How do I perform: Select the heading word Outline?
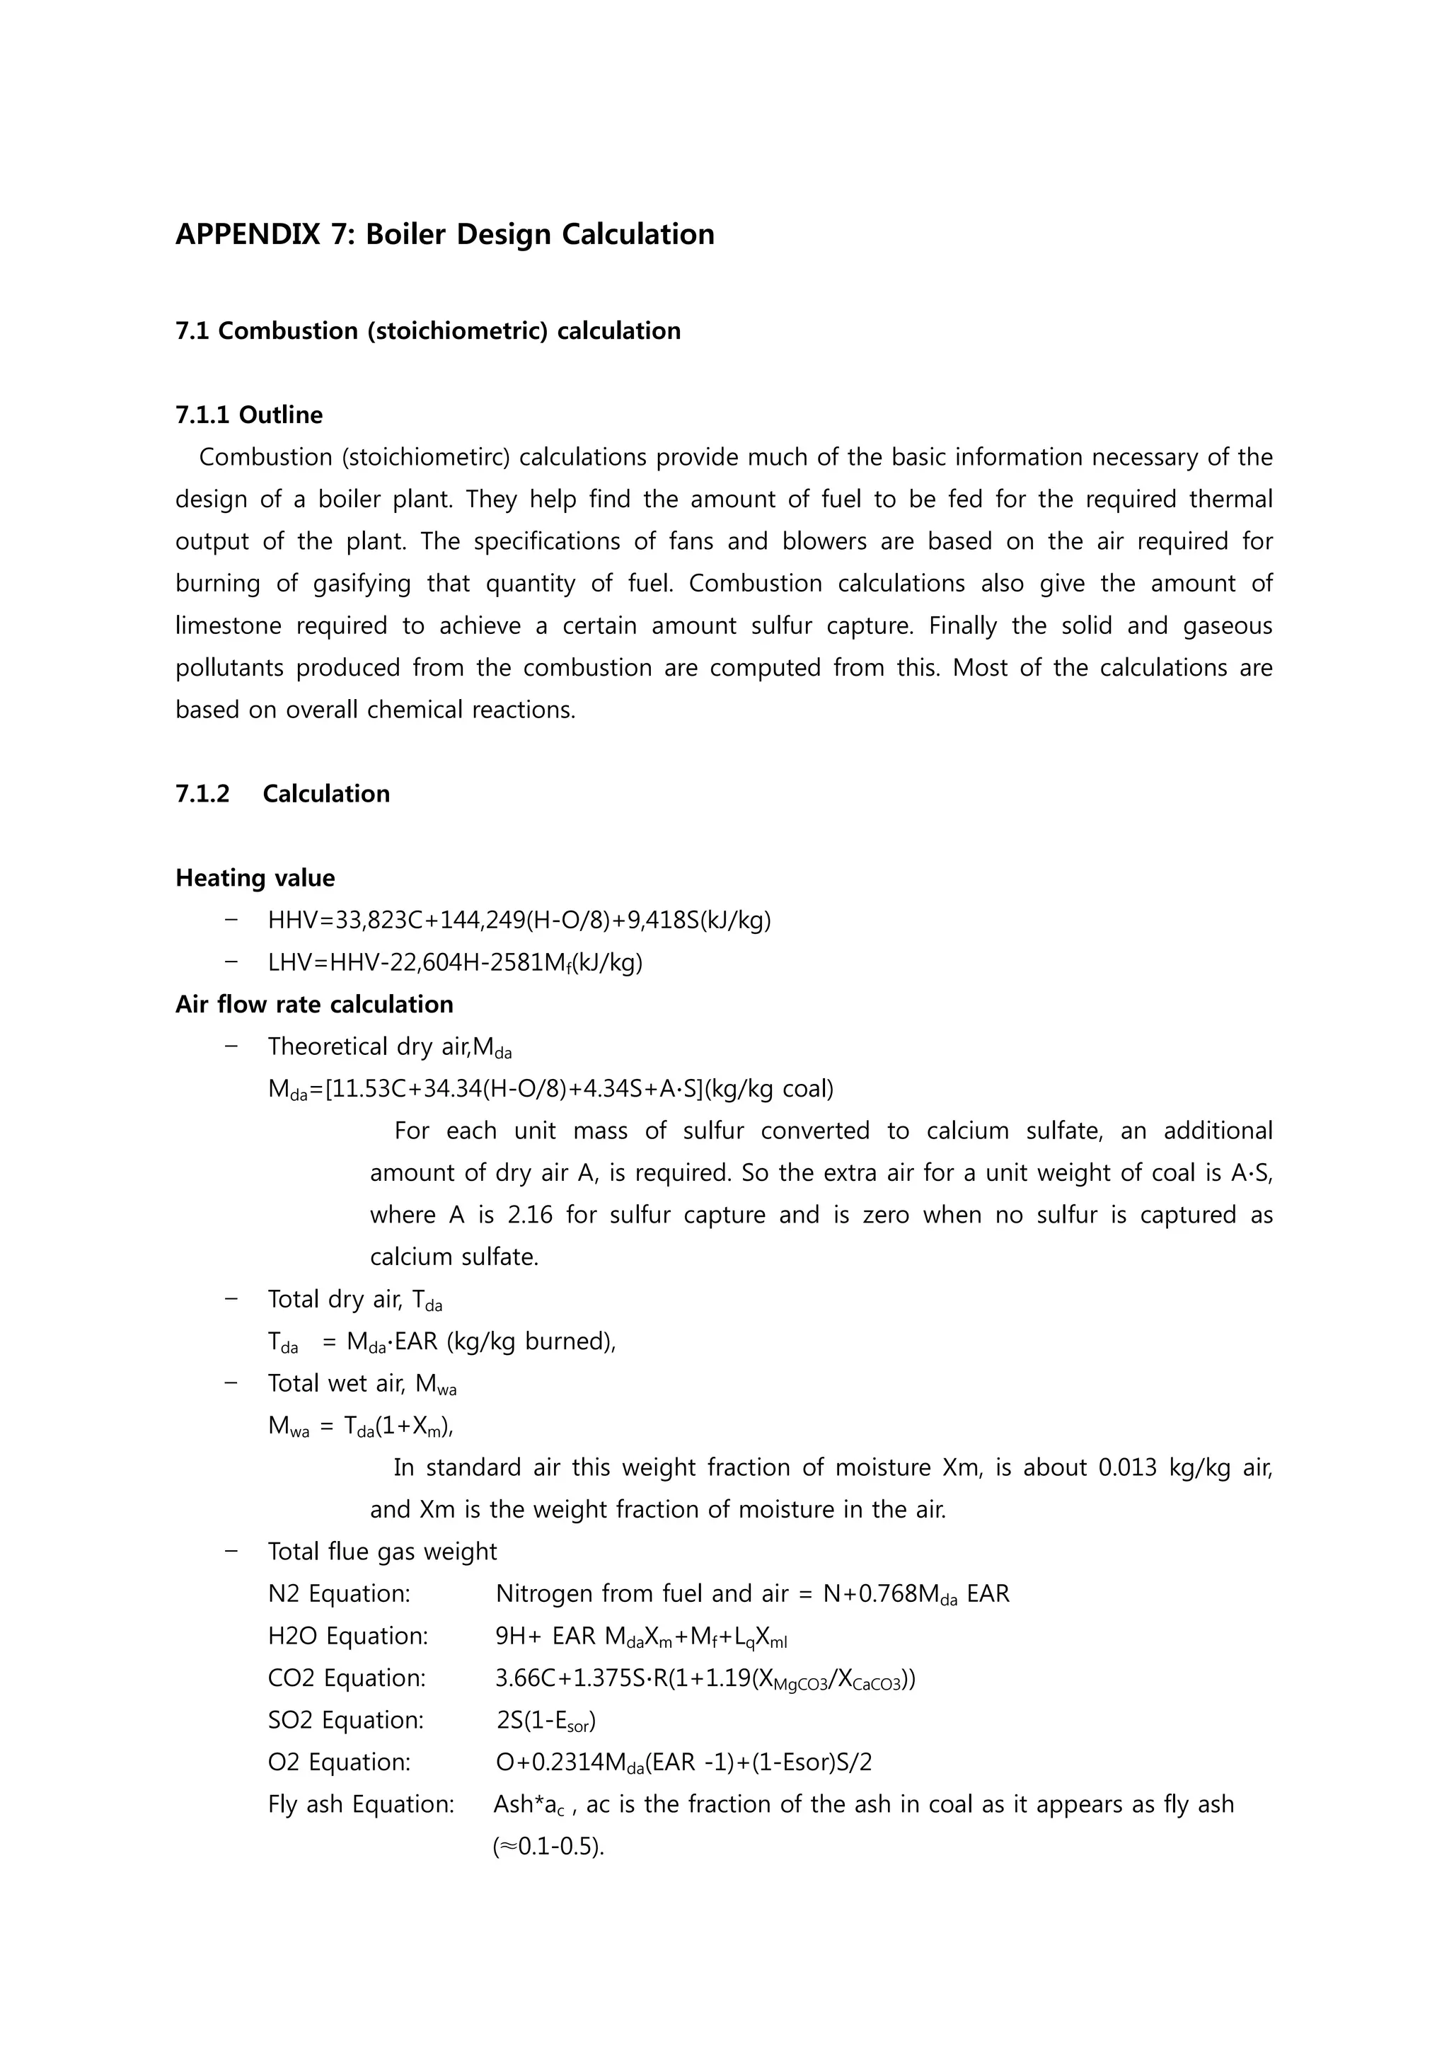[x=280, y=415]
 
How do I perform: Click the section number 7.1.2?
[x=202, y=795]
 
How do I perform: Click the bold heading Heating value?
[x=255, y=878]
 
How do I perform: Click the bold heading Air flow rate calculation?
[x=314, y=1005]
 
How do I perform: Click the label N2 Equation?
[x=339, y=1595]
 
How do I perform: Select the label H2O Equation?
[x=348, y=1637]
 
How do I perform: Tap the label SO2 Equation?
[x=345, y=1721]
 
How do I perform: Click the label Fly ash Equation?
[x=360, y=1804]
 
